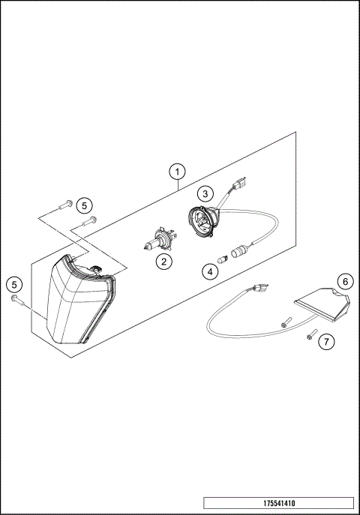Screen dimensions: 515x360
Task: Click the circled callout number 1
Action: [x=177, y=171]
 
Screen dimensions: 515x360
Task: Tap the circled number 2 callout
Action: [x=162, y=261]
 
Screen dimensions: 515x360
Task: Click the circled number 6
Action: [x=344, y=281]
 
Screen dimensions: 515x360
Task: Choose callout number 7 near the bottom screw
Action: [x=325, y=342]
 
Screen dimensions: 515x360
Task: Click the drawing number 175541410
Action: [x=278, y=503]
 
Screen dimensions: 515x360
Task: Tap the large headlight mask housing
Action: [x=79, y=300]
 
